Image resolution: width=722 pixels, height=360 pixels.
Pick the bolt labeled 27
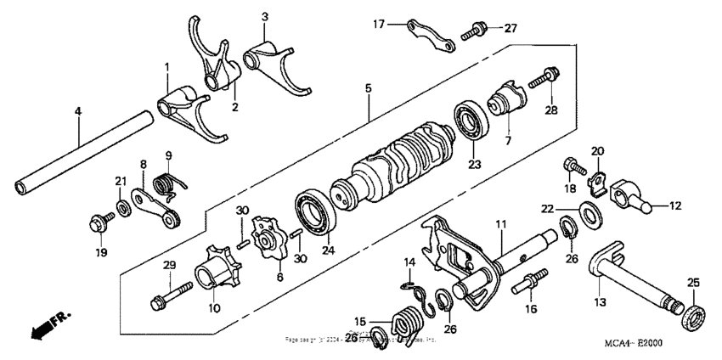coord(473,33)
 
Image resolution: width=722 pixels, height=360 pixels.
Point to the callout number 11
coord(501,223)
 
